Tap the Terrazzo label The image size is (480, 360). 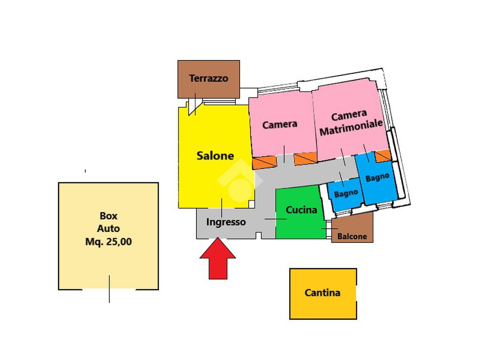209,78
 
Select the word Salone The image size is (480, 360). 215,155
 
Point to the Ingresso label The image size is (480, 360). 226,222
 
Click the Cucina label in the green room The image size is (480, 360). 301,210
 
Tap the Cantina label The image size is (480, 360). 322,293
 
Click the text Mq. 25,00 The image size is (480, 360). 108,242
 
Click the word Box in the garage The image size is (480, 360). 108,216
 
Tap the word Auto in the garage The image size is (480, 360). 108,229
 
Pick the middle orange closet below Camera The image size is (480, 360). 305,159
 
